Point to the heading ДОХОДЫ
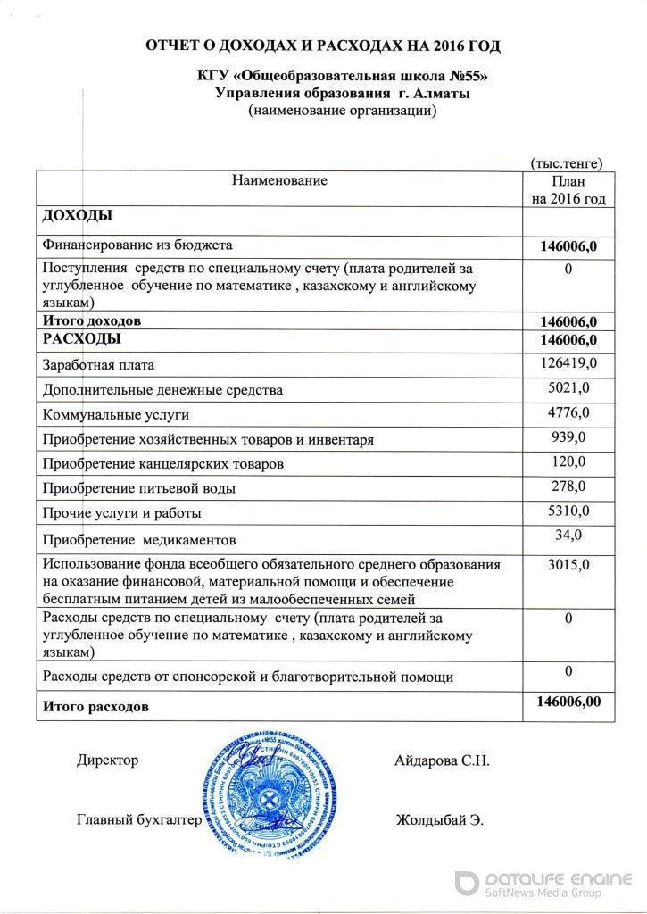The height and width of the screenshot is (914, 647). pyautogui.click(x=77, y=217)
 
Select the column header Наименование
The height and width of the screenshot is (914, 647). pyautogui.click(x=279, y=180)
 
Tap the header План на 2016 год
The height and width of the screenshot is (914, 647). pyautogui.click(x=568, y=189)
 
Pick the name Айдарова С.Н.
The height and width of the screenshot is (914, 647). pyautogui.click(x=441, y=760)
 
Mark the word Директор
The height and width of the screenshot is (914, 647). pyautogui.click(x=108, y=760)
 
